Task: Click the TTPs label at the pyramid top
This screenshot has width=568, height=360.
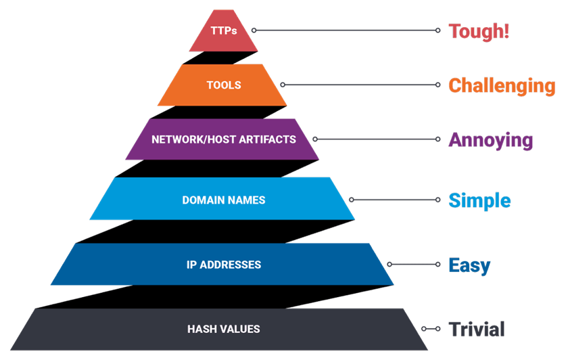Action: (223, 31)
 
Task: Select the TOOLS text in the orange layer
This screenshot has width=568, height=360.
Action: (223, 85)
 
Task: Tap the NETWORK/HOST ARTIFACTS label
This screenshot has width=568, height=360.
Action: (223, 139)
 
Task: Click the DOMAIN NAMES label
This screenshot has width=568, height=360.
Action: (223, 200)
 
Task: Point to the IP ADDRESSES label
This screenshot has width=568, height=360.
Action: (223, 265)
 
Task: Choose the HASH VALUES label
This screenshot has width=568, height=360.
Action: (223, 329)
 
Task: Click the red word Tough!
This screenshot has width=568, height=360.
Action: (478, 31)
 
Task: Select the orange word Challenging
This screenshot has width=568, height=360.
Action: (502, 86)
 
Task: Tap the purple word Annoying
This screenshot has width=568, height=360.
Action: (491, 140)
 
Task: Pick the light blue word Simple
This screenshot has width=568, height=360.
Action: (479, 200)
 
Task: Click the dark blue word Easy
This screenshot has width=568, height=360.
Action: (469, 265)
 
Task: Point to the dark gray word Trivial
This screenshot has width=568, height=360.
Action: (477, 329)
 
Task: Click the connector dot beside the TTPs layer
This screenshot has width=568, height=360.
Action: (254, 30)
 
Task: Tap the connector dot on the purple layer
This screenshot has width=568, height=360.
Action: (315, 139)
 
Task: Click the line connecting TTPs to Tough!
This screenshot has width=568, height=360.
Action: (345, 30)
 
